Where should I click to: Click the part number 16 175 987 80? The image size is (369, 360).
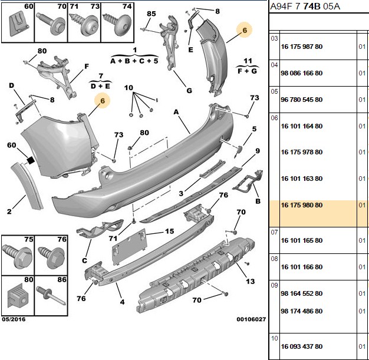[x=301, y=47]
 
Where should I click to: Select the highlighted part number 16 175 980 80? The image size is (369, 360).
[x=301, y=205]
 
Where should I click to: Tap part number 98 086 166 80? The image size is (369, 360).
[x=301, y=73]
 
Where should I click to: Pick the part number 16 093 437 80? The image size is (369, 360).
[x=301, y=346]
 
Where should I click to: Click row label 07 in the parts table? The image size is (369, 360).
[x=275, y=233]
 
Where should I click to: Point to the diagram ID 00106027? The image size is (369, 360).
[x=251, y=319]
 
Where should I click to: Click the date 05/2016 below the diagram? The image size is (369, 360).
[x=14, y=319]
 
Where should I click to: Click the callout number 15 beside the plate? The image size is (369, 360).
[x=169, y=232]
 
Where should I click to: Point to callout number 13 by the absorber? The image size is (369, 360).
[x=250, y=281]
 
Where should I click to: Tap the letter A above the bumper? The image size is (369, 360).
[x=176, y=113]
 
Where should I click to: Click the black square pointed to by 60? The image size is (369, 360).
[x=31, y=161]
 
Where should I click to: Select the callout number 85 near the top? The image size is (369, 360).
[x=151, y=14]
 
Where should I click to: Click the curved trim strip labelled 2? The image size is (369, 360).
[x=27, y=186]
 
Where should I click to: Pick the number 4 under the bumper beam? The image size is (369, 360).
[x=122, y=302]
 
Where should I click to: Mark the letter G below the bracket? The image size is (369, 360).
[x=189, y=91]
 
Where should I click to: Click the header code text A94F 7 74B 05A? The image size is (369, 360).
[x=305, y=6]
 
